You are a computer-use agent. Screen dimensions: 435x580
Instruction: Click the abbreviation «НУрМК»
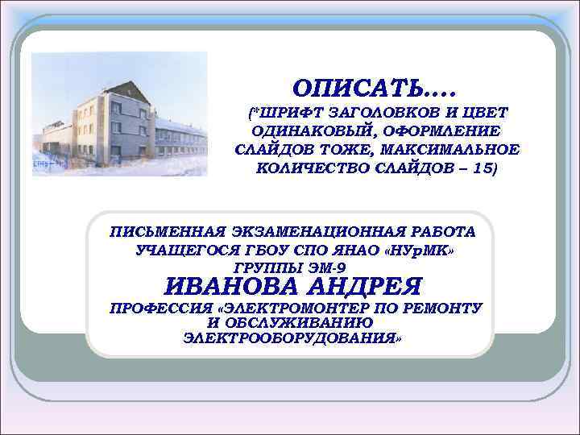(419, 250)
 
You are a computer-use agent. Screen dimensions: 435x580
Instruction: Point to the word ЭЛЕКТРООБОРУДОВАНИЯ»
(292, 338)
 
